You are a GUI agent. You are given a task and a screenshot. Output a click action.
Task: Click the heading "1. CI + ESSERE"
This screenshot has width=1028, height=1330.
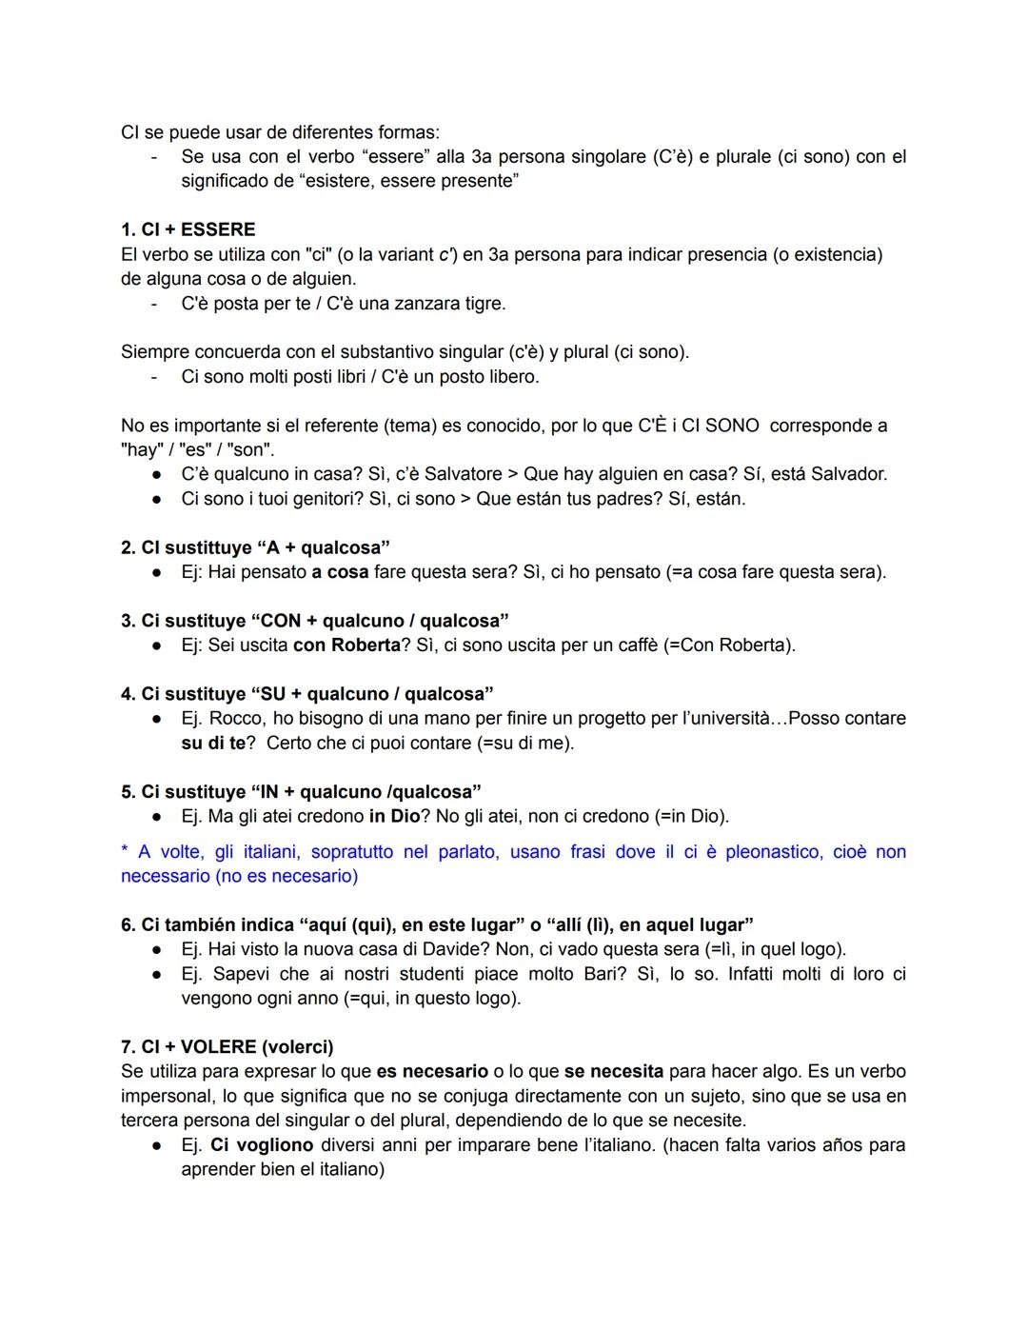point(188,229)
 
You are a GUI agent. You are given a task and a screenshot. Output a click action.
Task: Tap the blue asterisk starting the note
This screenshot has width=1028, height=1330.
point(125,850)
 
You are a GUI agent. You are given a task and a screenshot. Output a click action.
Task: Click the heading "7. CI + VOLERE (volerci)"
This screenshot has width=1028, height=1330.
point(227,1047)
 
